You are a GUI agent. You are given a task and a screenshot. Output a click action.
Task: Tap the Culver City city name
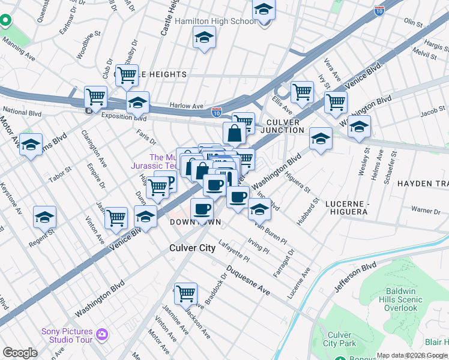[192, 248]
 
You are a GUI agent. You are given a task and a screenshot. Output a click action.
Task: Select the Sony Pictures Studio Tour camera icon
[102, 334]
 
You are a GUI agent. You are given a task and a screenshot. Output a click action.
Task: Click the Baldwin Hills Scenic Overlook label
[402, 300]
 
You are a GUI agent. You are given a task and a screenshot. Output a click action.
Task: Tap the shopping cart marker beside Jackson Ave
[185, 293]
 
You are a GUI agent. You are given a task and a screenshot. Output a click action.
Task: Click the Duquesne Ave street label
[248, 281]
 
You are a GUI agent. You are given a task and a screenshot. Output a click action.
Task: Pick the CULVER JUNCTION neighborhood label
[286, 127]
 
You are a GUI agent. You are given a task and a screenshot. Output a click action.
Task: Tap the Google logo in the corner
[20, 352]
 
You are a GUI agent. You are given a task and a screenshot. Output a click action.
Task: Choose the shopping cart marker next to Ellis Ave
[302, 92]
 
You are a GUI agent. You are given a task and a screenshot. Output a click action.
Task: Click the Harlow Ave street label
[186, 106]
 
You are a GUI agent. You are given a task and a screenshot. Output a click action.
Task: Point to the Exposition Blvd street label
[124, 116]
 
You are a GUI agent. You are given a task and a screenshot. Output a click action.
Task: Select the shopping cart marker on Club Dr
[127, 75]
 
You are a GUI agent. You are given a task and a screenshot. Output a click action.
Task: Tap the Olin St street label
[413, 22]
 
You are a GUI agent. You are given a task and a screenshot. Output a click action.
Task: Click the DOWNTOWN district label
[195, 222]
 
